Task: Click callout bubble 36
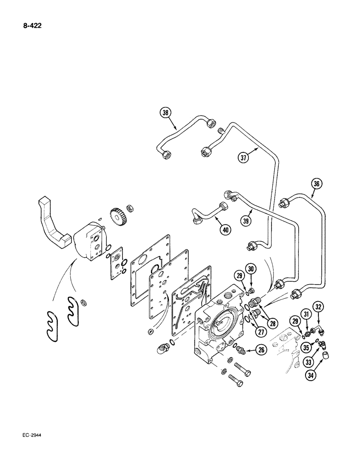(x=316, y=185)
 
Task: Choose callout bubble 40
(x=224, y=229)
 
